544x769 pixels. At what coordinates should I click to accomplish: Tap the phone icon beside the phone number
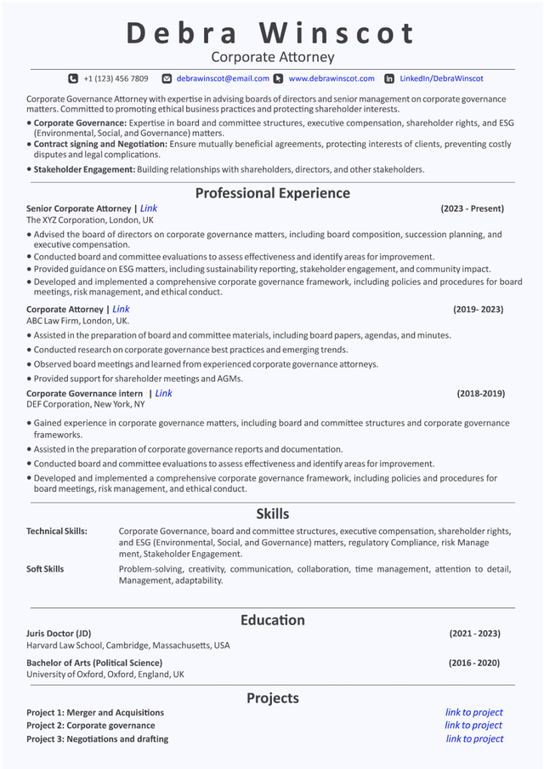[x=73, y=78]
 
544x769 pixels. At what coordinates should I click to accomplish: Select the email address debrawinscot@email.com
[x=223, y=78]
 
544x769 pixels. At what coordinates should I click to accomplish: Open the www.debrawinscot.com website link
[x=331, y=78]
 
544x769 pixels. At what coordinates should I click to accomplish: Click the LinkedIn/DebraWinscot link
[x=441, y=78]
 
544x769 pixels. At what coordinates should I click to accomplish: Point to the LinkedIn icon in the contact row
[x=389, y=78]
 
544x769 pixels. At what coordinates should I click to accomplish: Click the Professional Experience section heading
[x=272, y=193]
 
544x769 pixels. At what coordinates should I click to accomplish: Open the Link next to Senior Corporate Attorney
[x=149, y=208]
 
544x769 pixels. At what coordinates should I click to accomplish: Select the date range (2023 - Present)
[x=472, y=208]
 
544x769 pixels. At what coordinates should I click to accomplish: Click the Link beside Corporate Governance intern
[x=163, y=394]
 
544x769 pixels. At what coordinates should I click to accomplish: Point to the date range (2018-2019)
[x=480, y=394]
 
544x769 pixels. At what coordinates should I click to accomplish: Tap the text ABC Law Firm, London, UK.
[x=77, y=322]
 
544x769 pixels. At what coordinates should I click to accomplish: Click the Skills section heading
[x=272, y=514]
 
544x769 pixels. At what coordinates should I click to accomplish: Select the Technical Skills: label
[x=57, y=532]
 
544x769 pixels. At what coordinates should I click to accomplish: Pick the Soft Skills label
[x=45, y=569]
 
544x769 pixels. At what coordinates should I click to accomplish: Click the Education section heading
[x=272, y=620]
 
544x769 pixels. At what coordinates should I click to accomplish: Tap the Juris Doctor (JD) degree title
[x=59, y=634]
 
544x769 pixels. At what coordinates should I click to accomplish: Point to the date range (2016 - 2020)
[x=473, y=663]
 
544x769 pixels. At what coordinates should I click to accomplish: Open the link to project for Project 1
[x=473, y=713]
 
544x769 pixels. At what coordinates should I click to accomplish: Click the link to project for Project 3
[x=474, y=739]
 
